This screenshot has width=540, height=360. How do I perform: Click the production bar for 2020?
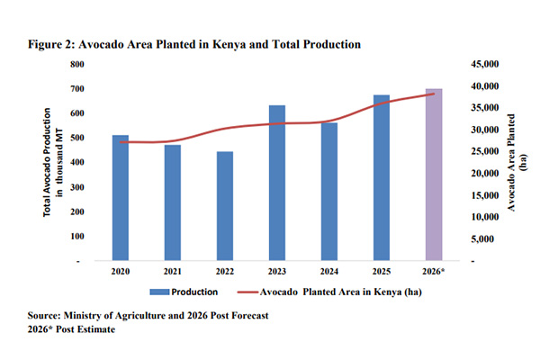(x=120, y=197)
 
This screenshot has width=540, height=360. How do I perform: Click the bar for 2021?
(x=172, y=202)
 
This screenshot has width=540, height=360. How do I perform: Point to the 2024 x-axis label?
(x=329, y=270)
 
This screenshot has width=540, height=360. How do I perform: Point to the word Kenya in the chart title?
(x=244, y=43)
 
